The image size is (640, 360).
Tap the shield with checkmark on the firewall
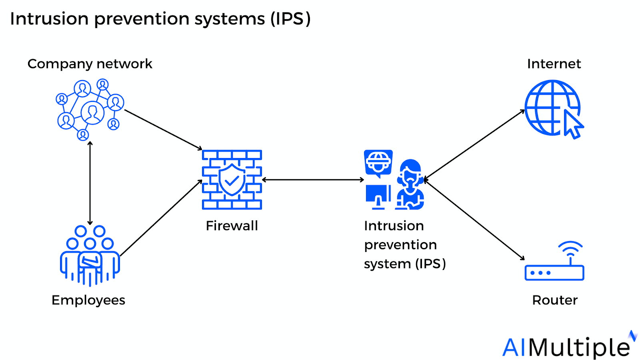pyautogui.click(x=232, y=180)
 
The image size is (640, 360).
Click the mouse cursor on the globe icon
pyautogui.click(x=574, y=125)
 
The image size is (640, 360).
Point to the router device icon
pyautogui.click(x=554, y=272)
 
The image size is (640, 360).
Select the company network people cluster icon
pyautogui.click(x=90, y=109)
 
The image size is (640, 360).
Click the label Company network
pyautogui.click(x=90, y=64)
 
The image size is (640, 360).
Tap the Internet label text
pyautogui.click(x=554, y=64)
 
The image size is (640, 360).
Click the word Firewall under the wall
pyautogui.click(x=232, y=226)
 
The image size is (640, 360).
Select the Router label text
pyautogui.click(x=554, y=300)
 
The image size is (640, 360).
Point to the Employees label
pyautogui.click(x=88, y=300)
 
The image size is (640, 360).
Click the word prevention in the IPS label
pyautogui.click(x=400, y=245)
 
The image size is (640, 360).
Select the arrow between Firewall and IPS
pyautogui.click(x=313, y=180)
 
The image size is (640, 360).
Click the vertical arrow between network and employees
pyautogui.click(x=90, y=183)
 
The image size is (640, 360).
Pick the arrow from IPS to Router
pyautogui.click(x=474, y=220)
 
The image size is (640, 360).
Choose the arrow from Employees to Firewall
pyautogui.click(x=161, y=218)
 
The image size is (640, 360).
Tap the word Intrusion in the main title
pyautogui.click(x=49, y=19)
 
